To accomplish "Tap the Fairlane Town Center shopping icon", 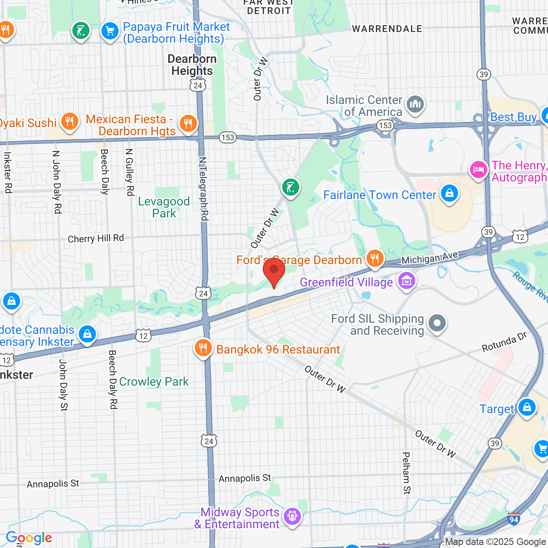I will click(x=449, y=194).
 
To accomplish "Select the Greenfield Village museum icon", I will click(x=406, y=281).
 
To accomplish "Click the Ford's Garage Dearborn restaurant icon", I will click(x=375, y=258).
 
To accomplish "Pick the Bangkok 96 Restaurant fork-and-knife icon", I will click(x=203, y=348).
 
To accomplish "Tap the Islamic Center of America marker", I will click(x=415, y=104).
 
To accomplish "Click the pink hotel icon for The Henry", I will click(x=479, y=170).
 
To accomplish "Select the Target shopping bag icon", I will click(x=527, y=407).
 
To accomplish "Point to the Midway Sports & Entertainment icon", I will click(x=292, y=516).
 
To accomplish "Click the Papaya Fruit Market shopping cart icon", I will click(x=110, y=31).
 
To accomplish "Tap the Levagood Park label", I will click(x=164, y=207).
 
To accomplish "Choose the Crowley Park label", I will click(x=154, y=381).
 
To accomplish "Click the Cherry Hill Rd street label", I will click(x=96, y=238).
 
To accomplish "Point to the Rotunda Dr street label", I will click(x=504, y=342).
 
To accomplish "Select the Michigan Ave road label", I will click(x=429, y=258).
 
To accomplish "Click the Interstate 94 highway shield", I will click(x=514, y=519).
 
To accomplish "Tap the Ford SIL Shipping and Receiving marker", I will click(x=437, y=323).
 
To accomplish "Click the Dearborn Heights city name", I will click(x=192, y=65).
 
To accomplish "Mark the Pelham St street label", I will click(x=406, y=473).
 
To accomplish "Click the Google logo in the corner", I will click(x=29, y=538).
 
